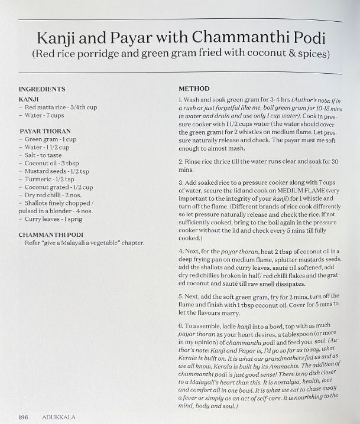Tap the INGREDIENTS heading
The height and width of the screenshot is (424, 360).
point(41,89)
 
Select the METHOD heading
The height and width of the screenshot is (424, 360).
point(194,89)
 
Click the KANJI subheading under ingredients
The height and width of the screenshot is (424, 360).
point(29,99)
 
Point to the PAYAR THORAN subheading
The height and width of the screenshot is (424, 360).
point(45,131)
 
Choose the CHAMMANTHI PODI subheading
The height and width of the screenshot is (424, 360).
point(50,234)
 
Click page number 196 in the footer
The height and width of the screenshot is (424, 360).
point(23,416)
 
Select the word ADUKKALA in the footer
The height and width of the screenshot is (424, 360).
point(59,416)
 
